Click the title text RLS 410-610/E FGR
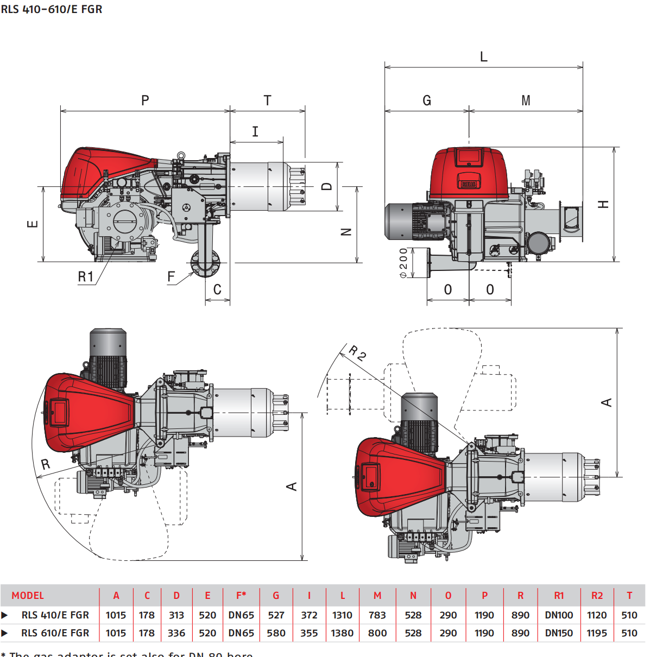pyautogui.click(x=52, y=9)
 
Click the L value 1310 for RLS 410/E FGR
pyautogui.click(x=342, y=615)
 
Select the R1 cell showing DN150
pyautogui.click(x=559, y=633)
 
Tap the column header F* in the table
pyautogui.click(x=241, y=596)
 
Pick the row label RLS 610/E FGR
pyautogui.click(x=55, y=633)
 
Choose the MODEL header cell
pyautogui.click(x=28, y=596)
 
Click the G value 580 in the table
pyautogui.click(x=276, y=633)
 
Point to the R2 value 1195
pyautogui.click(x=597, y=633)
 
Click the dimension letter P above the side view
pyautogui.click(x=145, y=100)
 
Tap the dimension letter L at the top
pyautogui.click(x=484, y=57)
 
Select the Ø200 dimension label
pyautogui.click(x=403, y=263)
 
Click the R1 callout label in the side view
pyautogui.click(x=86, y=277)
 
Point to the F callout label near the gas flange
pyautogui.click(x=172, y=277)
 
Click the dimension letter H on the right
pyautogui.click(x=603, y=204)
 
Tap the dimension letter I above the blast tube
pyautogui.click(x=255, y=131)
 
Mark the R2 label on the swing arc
pyautogui.click(x=357, y=353)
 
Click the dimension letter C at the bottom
pyautogui.click(x=217, y=289)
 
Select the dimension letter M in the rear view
pyautogui.click(x=526, y=101)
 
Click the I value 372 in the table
pyautogui.click(x=309, y=615)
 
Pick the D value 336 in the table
pyautogui.click(x=176, y=633)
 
